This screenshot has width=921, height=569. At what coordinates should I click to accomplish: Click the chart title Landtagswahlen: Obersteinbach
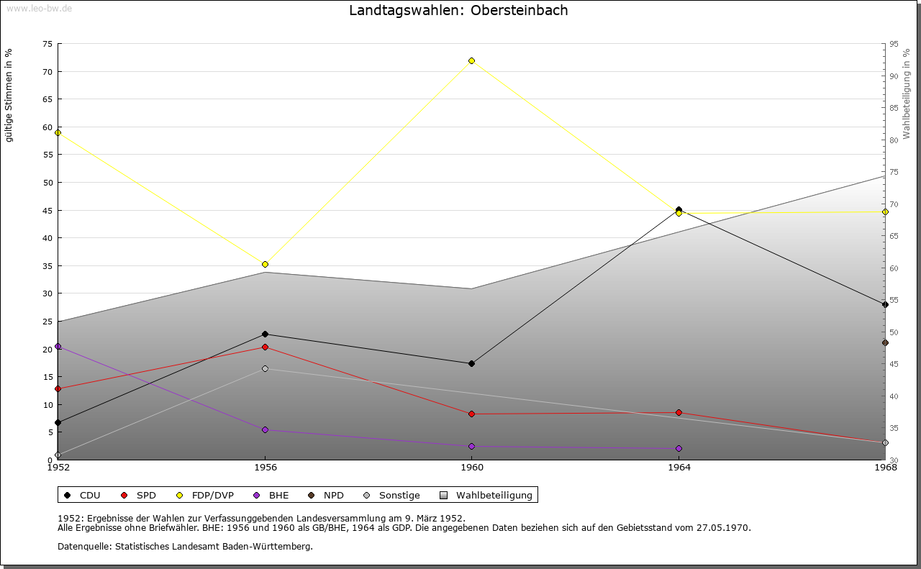click(458, 11)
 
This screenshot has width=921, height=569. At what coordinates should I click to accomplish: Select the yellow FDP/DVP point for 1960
click(471, 60)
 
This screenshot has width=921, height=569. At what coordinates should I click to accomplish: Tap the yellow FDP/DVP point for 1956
click(265, 264)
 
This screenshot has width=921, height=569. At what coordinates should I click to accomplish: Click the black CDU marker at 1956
click(265, 334)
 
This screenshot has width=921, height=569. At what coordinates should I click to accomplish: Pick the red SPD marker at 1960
click(471, 414)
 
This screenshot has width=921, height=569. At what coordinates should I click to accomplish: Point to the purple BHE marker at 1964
click(679, 448)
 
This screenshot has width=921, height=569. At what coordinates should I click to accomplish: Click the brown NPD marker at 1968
click(885, 342)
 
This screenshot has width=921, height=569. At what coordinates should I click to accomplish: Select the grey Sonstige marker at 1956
click(265, 368)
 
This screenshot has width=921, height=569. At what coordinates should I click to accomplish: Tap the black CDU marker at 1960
click(471, 363)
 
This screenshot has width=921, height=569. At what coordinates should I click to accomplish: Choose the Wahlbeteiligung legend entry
click(486, 495)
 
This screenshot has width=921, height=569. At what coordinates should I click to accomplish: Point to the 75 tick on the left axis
click(47, 44)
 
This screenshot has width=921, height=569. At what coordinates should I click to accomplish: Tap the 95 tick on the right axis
click(893, 44)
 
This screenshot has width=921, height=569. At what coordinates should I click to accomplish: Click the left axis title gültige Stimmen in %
click(9, 95)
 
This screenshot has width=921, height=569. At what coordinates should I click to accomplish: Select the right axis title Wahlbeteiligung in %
click(907, 94)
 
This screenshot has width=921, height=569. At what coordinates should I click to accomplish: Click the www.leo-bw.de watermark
click(38, 7)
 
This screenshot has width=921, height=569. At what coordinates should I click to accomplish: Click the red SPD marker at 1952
click(58, 388)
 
